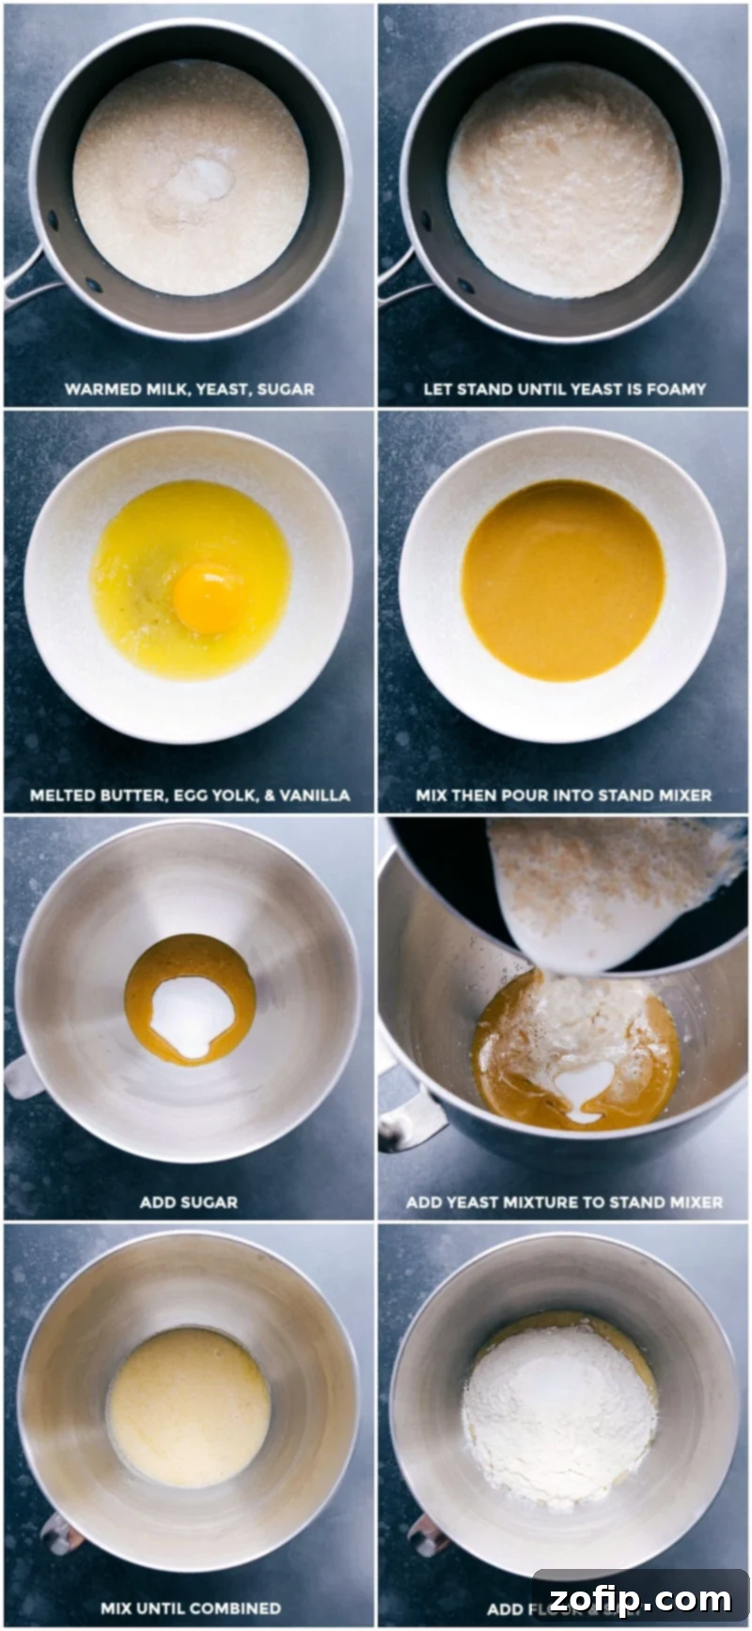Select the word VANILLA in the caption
[315, 795]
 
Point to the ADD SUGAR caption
[188, 1201]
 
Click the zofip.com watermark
[640, 1598]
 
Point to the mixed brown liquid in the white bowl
[563, 579]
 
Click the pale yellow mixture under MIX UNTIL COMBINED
[189, 1406]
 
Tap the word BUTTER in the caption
[132, 795]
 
